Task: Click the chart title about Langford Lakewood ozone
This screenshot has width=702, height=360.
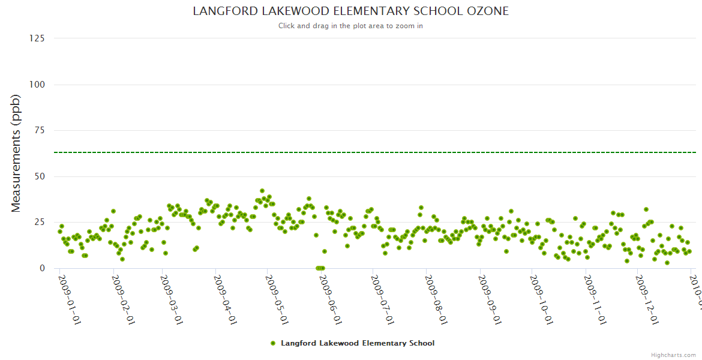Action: (x=350, y=11)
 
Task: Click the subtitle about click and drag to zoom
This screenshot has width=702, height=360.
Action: (x=350, y=26)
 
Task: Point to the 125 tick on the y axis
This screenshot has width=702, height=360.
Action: (x=37, y=38)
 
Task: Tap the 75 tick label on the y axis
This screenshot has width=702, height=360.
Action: (x=39, y=131)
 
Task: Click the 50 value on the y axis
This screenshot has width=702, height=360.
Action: (x=39, y=176)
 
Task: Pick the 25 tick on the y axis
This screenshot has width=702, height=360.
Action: (x=39, y=223)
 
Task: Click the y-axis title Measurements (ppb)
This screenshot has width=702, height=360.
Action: (x=16, y=153)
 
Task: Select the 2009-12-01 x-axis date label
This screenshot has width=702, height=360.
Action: (x=646, y=300)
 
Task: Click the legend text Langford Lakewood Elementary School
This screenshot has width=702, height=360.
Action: (x=358, y=343)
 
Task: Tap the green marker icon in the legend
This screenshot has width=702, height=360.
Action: (x=273, y=343)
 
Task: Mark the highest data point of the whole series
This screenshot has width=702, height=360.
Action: (x=262, y=191)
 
